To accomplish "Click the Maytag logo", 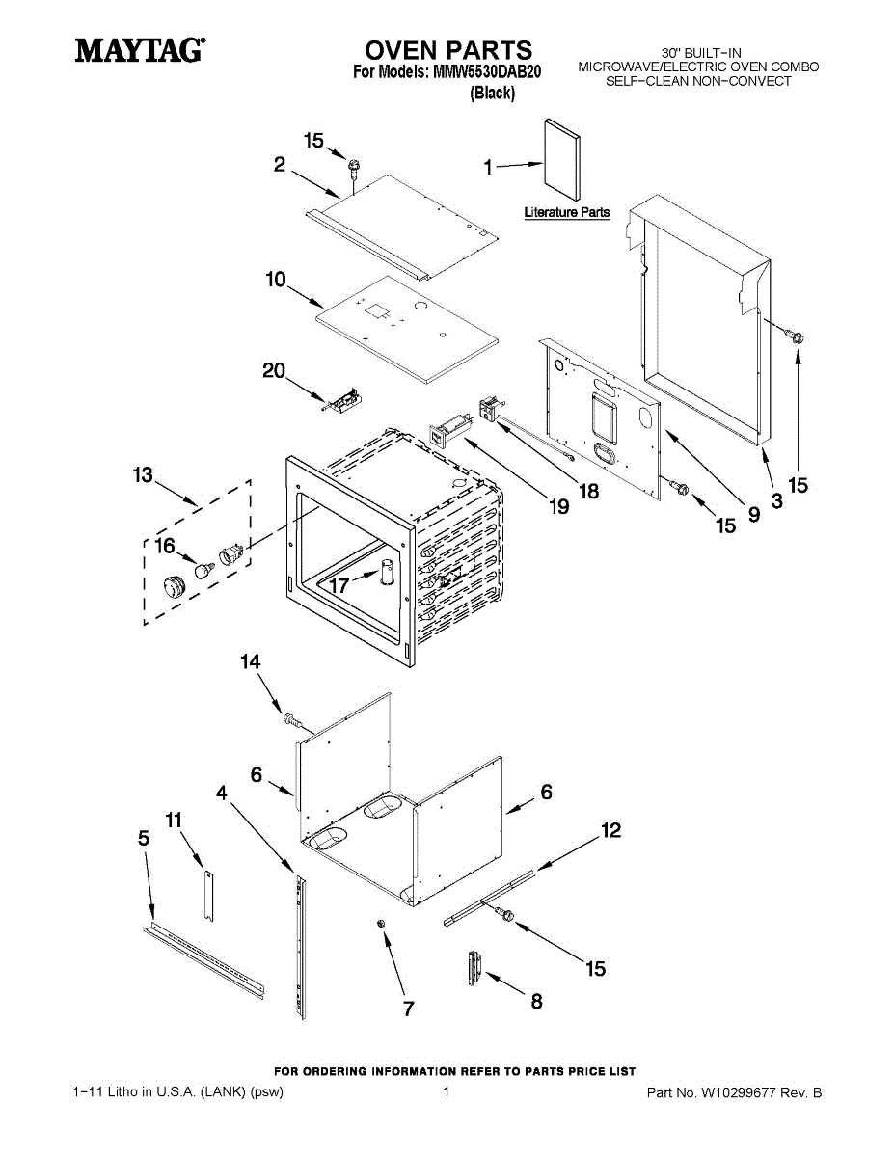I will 141,49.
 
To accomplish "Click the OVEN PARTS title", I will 447,50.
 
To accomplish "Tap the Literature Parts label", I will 567,212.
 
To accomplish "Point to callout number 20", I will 275,370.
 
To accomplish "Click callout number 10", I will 276,280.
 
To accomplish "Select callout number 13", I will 143,475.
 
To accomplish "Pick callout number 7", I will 408,1009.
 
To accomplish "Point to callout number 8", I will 536,1001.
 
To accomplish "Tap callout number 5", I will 144,839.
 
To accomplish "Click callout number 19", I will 558,505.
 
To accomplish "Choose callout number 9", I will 753,515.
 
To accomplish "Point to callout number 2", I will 279,165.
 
